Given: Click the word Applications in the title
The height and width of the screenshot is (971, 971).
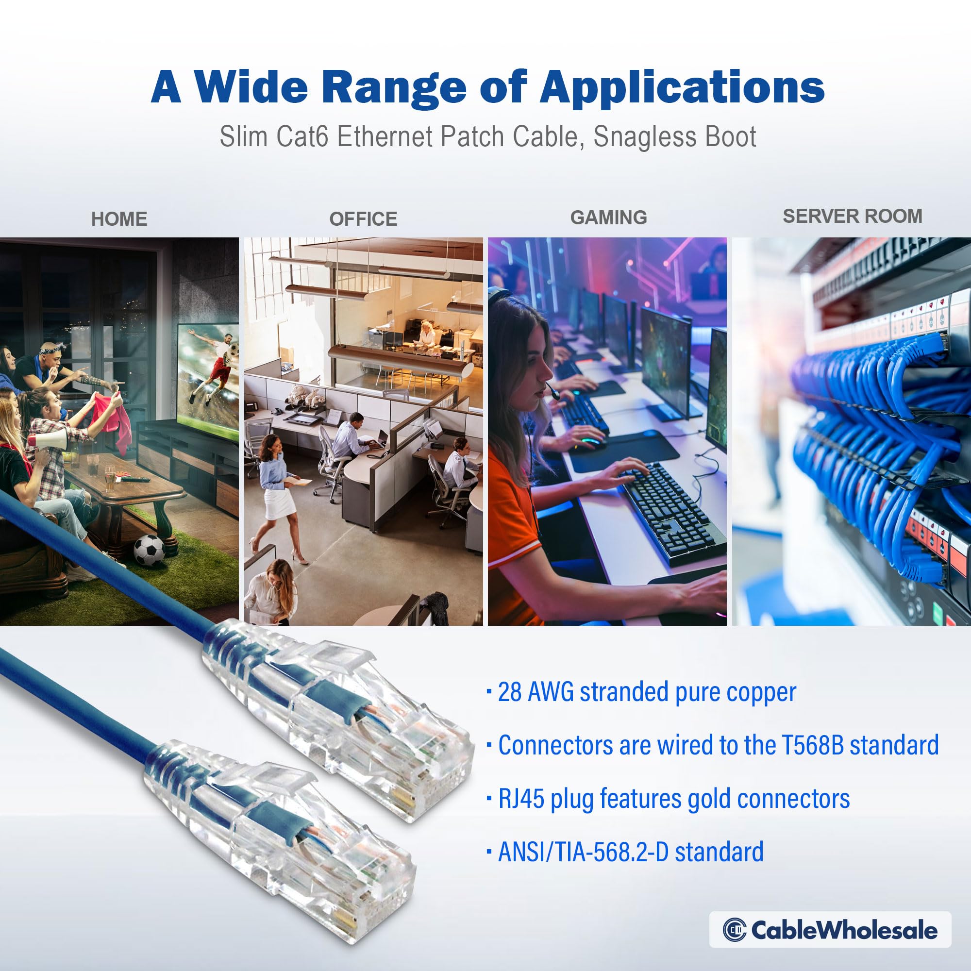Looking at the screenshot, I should (682, 88).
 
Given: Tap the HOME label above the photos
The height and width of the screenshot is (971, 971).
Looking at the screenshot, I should (119, 219).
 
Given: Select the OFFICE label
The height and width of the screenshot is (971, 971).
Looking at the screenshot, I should (363, 219).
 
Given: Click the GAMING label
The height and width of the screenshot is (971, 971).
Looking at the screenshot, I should (608, 218).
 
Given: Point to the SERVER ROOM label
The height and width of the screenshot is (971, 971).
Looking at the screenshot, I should (853, 216).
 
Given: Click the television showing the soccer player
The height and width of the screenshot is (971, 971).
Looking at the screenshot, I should (209, 380).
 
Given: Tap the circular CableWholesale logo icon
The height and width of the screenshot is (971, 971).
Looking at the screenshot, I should (734, 930).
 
